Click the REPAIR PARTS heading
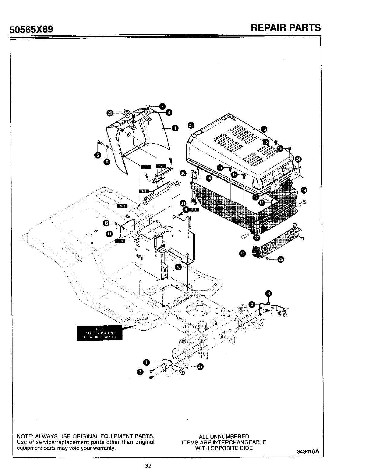click(x=286, y=28)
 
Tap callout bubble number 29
click(x=110, y=113)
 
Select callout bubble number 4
click(x=175, y=128)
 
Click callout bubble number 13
click(x=264, y=129)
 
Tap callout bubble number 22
click(x=242, y=254)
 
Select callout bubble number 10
click(x=178, y=267)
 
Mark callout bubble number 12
click(x=106, y=223)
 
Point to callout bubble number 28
click(x=200, y=367)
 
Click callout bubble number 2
click(x=252, y=304)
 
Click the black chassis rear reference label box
click(x=100, y=333)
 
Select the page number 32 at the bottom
click(x=148, y=466)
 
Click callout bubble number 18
click(x=208, y=178)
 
